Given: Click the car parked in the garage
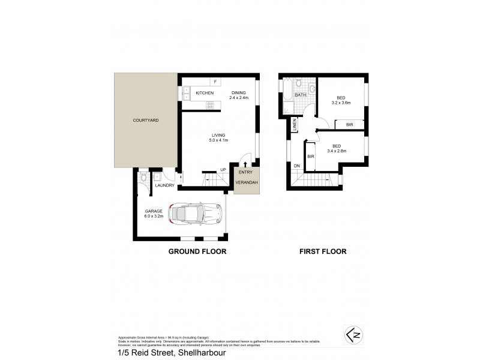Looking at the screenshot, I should tap(196, 213).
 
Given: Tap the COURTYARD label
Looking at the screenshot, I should tap(145, 121).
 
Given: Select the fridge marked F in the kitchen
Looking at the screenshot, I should tap(214, 81).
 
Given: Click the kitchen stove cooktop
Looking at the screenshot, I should tap(210, 106).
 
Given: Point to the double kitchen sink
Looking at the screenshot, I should tap(186, 93).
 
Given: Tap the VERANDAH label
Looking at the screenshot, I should tap(247, 182).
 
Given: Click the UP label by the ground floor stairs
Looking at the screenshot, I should tap(223, 170).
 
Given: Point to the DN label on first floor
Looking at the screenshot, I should tap(296, 166).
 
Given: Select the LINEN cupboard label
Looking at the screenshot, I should tap(295, 125).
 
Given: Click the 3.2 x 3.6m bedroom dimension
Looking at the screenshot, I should tap(340, 102).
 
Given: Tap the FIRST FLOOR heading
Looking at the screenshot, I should tap(323, 252).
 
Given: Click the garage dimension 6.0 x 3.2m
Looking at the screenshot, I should tap(154, 214).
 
